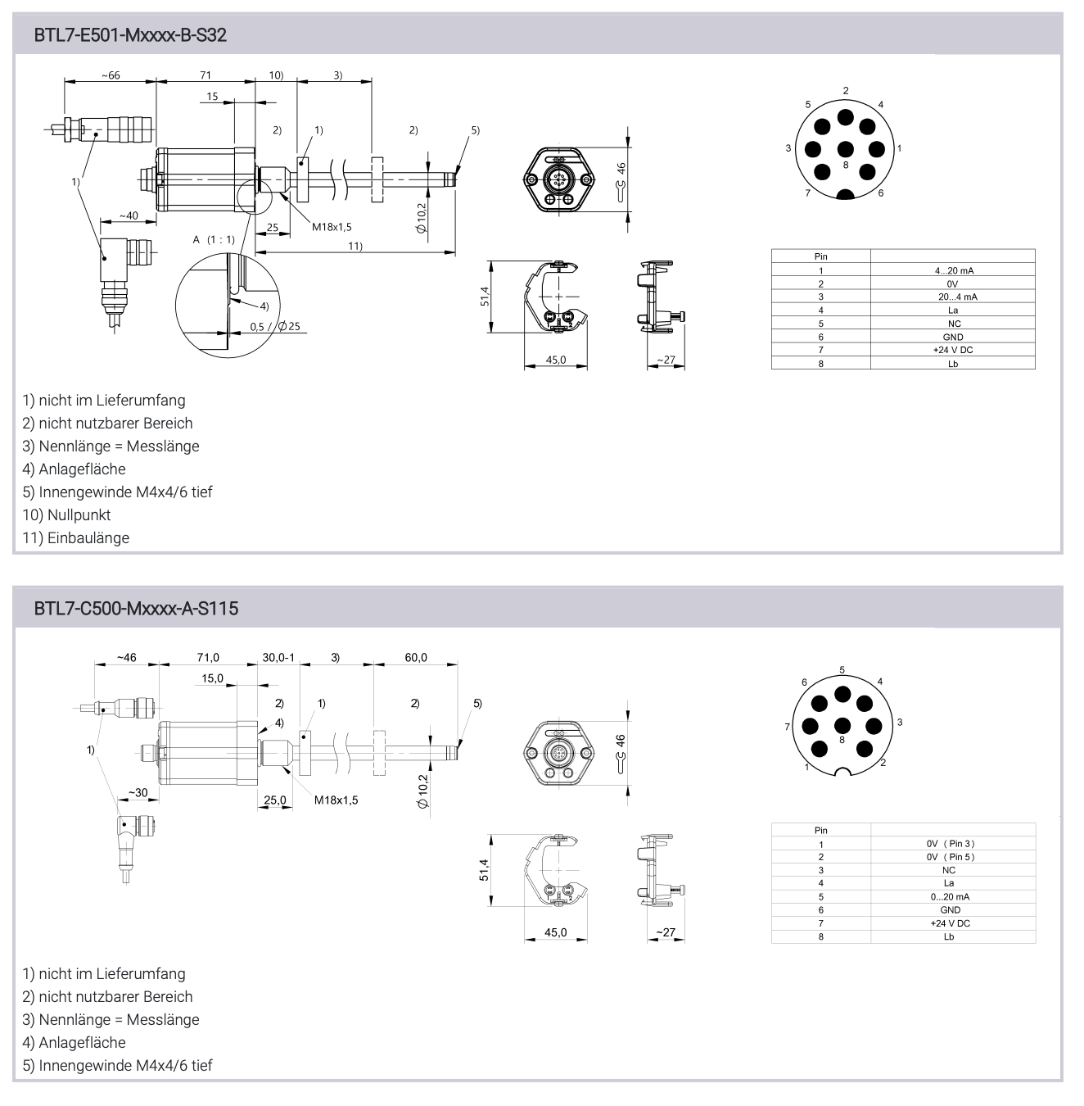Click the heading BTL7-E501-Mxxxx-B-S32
coord(130,35)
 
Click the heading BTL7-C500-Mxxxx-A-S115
coord(136,609)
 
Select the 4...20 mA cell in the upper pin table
coord(954,270)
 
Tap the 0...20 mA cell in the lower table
coord(950,896)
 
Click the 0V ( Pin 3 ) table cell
coord(951,844)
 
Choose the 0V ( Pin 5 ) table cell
coord(951,857)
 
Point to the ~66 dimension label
coord(111,75)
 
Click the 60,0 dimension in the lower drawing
coord(416,657)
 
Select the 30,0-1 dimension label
coord(278,657)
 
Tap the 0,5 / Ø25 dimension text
coord(275,326)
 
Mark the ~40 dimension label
coord(129,215)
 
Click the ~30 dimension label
coord(138,792)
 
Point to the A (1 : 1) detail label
coord(214,239)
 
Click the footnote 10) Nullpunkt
coord(66,515)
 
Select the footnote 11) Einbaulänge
coord(76,538)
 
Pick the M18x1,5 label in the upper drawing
coord(332,227)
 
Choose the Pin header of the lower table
coord(821,830)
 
